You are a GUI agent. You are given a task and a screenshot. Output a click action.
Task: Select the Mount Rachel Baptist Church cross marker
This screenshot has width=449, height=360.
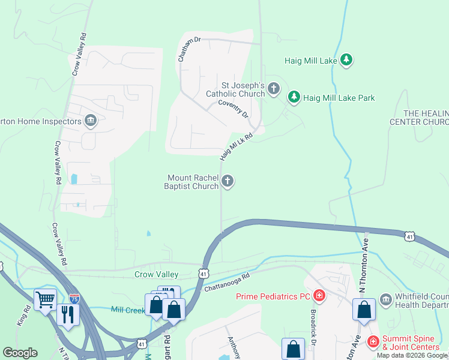pos(228,181)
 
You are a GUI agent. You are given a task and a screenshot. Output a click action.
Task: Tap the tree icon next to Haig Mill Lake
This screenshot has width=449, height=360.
pos(346,60)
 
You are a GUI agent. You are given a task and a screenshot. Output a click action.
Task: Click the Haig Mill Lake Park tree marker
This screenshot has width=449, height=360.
pos(294,97)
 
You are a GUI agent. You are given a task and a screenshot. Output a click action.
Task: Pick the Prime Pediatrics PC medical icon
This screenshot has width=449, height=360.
pos(319,295)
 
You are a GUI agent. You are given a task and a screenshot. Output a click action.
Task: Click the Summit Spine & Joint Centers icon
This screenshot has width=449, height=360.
pos(373,341)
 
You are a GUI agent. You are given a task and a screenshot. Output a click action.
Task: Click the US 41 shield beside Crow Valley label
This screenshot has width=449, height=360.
pos(204,274)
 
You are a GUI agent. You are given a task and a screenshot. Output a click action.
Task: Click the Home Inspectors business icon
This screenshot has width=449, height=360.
pos(90,121)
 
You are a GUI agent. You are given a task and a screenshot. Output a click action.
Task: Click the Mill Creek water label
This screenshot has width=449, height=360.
pos(128,310)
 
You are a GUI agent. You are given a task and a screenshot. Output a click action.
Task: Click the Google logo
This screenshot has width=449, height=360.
pos(20,353)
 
